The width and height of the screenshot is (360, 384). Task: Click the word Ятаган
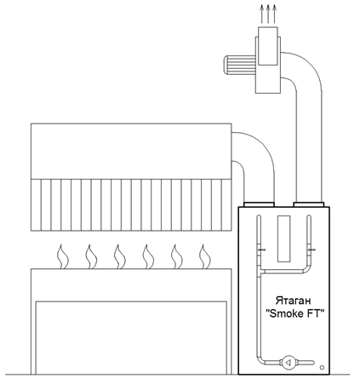(294, 301)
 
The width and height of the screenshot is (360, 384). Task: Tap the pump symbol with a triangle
(288, 363)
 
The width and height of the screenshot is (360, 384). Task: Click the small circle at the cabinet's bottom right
(322, 367)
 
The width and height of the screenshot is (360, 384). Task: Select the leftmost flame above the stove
(63, 257)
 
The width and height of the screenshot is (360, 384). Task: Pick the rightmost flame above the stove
(205, 257)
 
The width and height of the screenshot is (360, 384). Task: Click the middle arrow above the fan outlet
(268, 14)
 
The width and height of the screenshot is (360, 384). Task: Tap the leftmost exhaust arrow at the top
(261, 14)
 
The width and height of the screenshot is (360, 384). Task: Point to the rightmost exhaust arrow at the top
(274, 14)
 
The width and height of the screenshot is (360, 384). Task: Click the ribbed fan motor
(240, 65)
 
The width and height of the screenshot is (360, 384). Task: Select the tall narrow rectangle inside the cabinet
(283, 238)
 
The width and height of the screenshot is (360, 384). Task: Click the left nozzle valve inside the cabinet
(261, 249)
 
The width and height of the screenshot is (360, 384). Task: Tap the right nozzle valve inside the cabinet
(311, 249)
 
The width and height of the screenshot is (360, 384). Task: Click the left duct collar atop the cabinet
(259, 204)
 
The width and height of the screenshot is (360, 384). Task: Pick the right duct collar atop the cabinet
(309, 204)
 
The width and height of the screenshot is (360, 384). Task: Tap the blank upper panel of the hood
(131, 152)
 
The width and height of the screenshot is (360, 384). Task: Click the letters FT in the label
(314, 313)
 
